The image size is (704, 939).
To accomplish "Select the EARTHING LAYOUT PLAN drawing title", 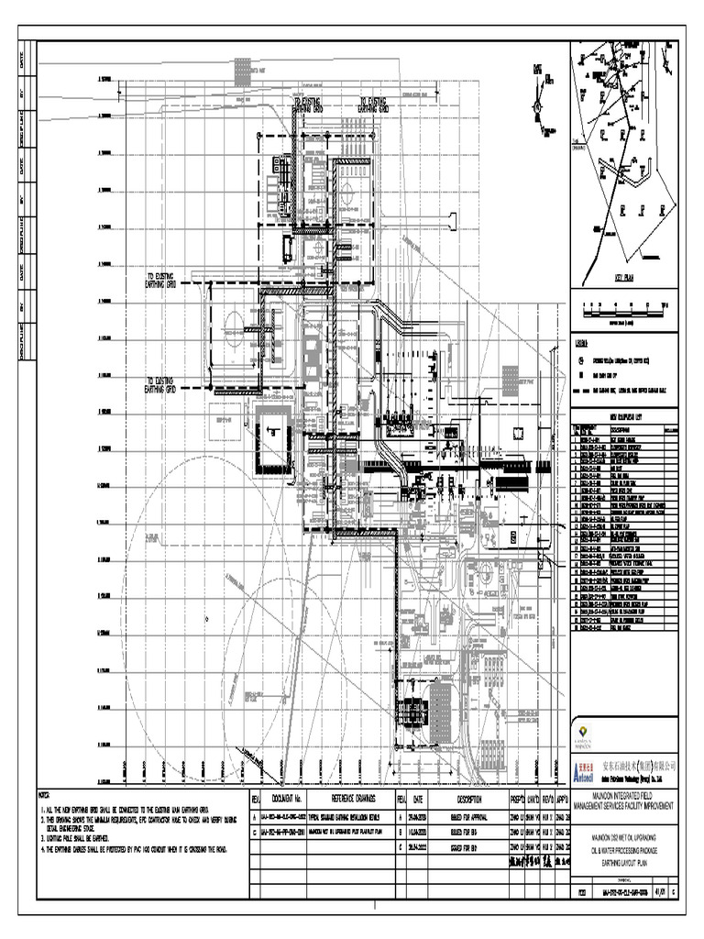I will pos(628,836).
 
